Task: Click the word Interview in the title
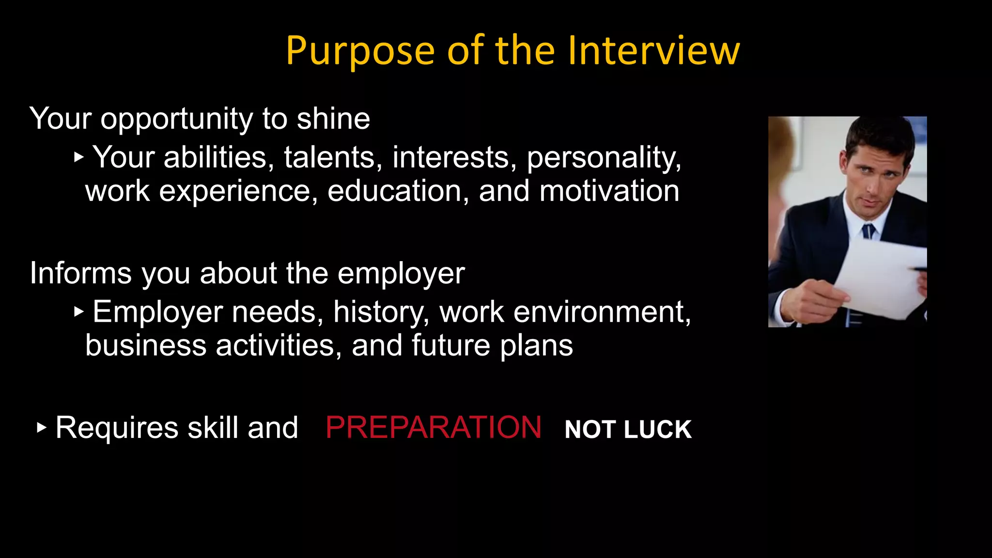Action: click(653, 50)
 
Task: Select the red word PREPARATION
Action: click(434, 428)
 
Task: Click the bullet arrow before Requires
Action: click(42, 428)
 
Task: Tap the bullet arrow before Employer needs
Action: click(79, 312)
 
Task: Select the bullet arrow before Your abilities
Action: click(79, 157)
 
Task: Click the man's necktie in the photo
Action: click(868, 231)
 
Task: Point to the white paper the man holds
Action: click(882, 276)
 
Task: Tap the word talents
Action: click(328, 158)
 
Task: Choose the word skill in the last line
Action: click(213, 428)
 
